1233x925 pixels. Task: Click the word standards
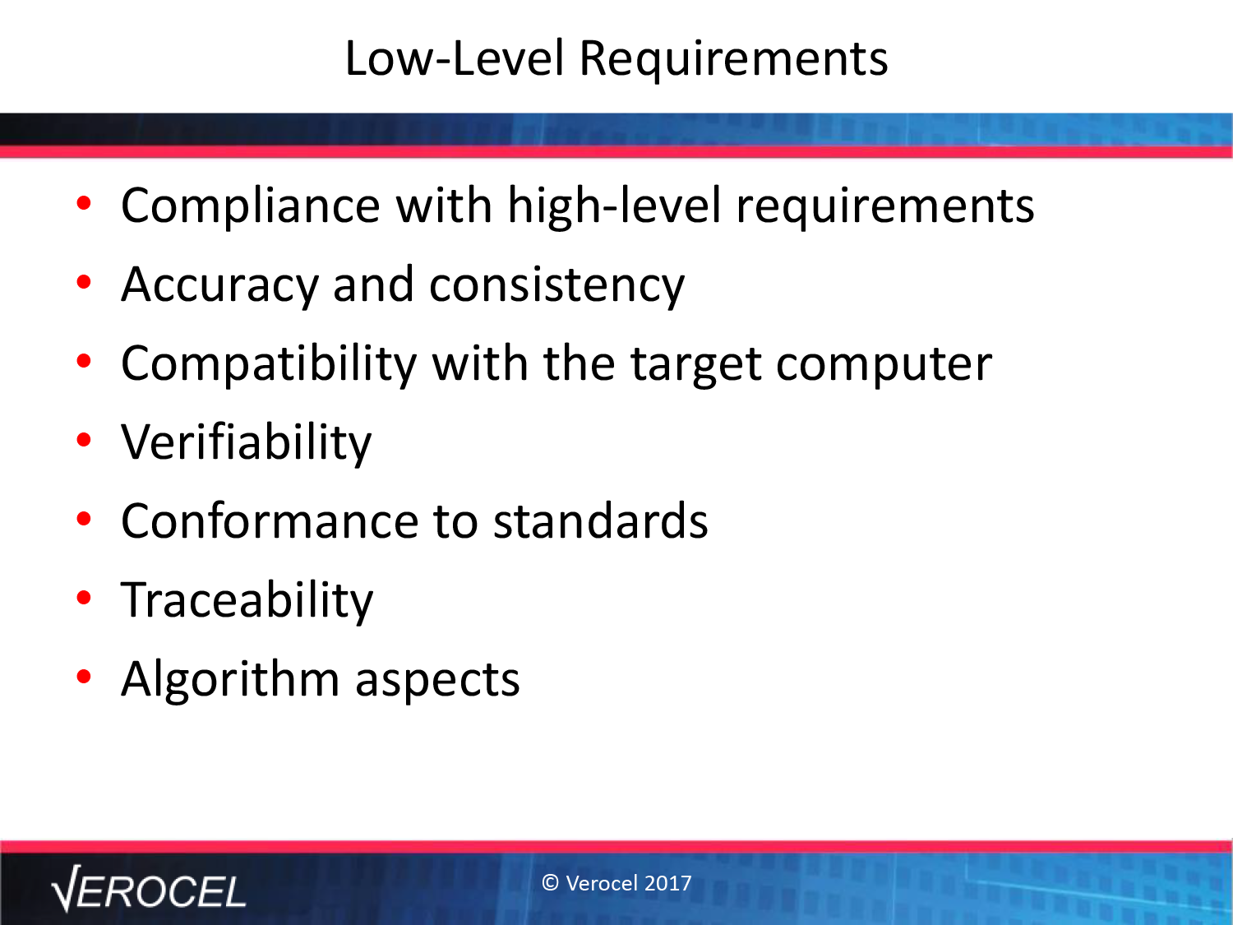601,520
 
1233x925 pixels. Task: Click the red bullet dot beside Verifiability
84,440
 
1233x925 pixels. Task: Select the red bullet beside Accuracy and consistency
84,282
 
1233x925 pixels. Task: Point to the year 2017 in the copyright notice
668,883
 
